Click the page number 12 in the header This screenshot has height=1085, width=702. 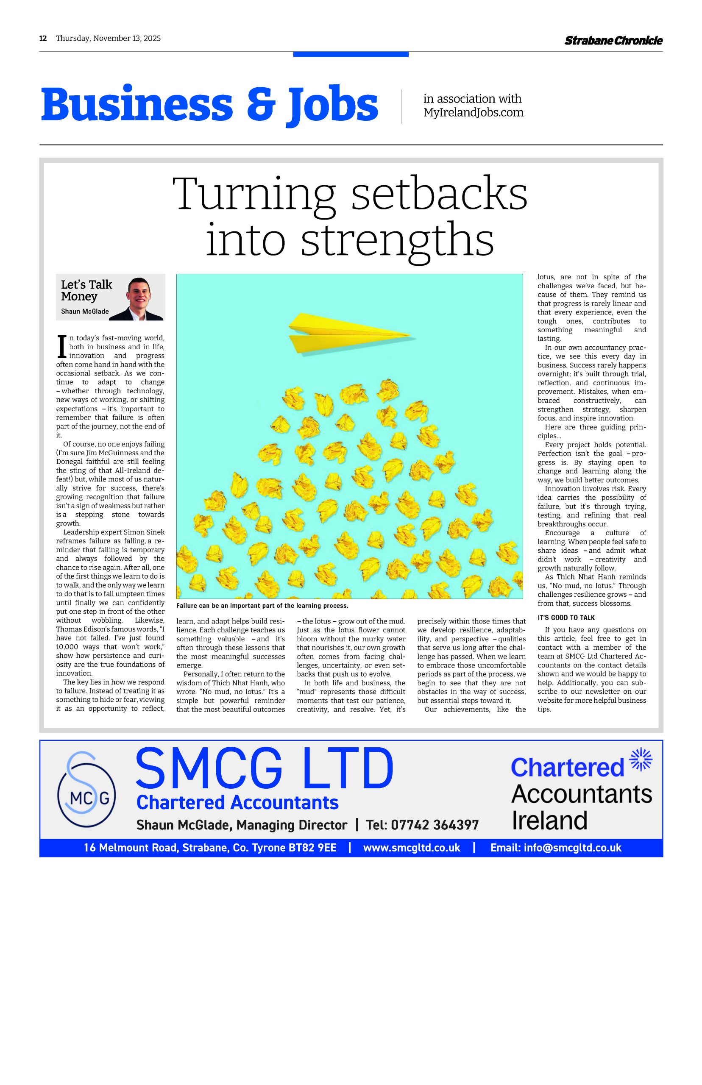43,38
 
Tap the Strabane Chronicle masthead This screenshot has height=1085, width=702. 613,41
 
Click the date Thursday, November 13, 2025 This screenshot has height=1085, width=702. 109,38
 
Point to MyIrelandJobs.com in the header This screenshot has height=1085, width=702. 473,113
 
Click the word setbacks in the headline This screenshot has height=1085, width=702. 440,195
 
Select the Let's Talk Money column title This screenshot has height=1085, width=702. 86,290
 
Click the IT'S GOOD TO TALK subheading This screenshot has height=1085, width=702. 566,618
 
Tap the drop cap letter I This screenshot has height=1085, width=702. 61,347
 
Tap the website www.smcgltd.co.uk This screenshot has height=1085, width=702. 412,848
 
